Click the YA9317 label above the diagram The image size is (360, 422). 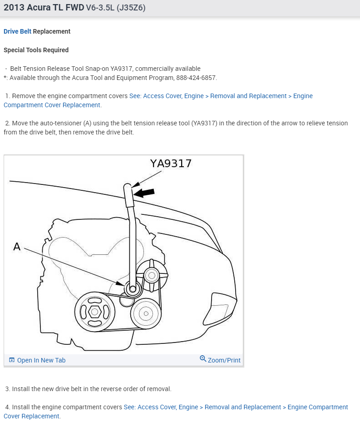point(171,164)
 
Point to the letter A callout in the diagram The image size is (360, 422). point(17,247)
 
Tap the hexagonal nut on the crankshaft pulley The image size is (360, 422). point(94,312)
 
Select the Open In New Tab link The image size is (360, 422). point(41,360)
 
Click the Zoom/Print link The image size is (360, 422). point(224,360)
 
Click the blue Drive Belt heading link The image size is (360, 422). point(18,31)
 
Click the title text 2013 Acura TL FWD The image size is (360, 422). point(44,8)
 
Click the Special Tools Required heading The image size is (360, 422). point(36,50)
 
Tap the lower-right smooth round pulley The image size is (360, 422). point(146,313)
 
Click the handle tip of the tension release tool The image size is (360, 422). point(128,186)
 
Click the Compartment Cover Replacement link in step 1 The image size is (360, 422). point(52,105)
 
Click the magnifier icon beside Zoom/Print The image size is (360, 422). point(203,359)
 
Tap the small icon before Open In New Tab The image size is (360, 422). point(12,360)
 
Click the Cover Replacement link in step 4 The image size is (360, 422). point(31,416)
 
